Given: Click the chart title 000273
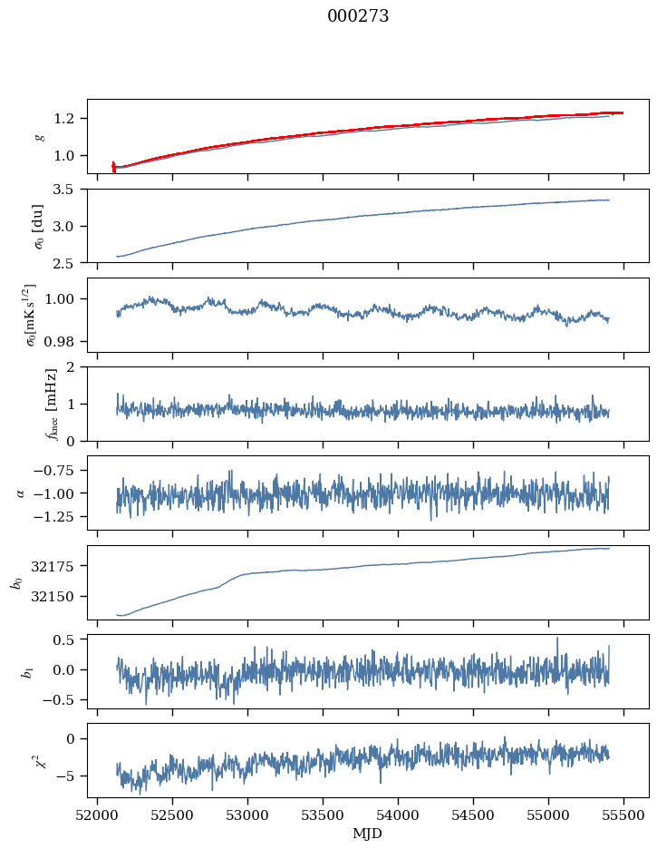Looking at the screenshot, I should point(358,15).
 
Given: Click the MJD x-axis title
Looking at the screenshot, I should point(368,833).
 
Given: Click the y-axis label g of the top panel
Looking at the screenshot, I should point(39,136).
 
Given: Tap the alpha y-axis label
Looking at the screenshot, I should point(21,493).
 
